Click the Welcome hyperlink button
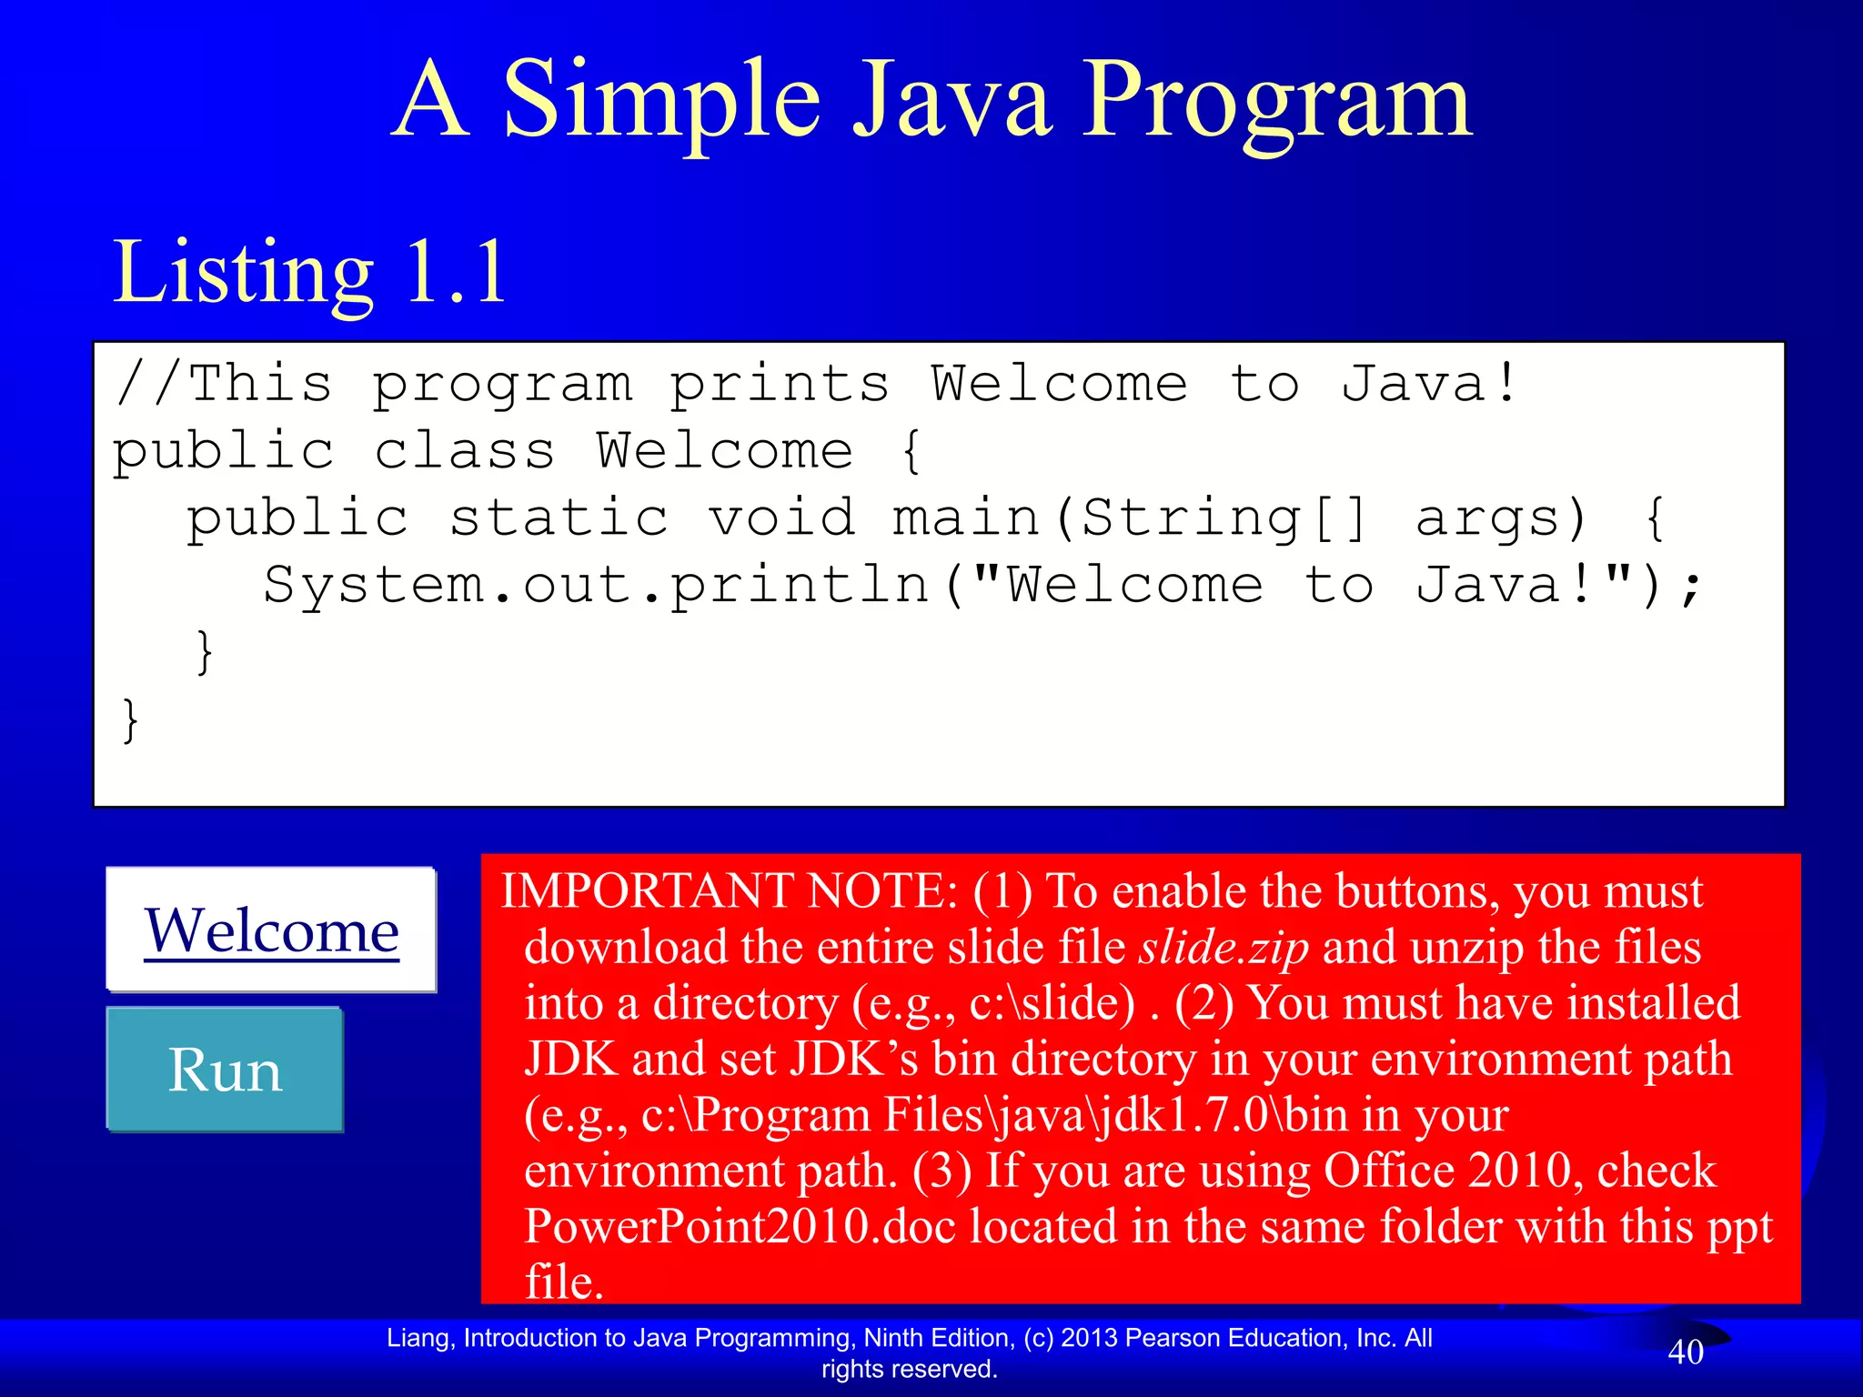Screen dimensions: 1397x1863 [x=271, y=930]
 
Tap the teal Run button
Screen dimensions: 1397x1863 [x=225, y=1070]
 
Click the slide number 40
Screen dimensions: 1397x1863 [x=1685, y=1352]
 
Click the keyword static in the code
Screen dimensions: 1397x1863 [x=559, y=518]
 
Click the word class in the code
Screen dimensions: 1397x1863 [x=464, y=451]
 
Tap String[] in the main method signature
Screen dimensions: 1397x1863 [x=1224, y=518]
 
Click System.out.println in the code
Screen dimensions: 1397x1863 [x=596, y=586]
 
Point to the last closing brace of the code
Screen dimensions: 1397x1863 [x=131, y=720]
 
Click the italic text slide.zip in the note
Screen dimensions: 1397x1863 [x=1224, y=948]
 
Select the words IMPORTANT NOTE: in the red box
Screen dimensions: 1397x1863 [x=730, y=891]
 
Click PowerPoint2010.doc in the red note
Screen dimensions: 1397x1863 [x=740, y=1226]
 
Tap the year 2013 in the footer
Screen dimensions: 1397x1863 [x=1088, y=1338]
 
